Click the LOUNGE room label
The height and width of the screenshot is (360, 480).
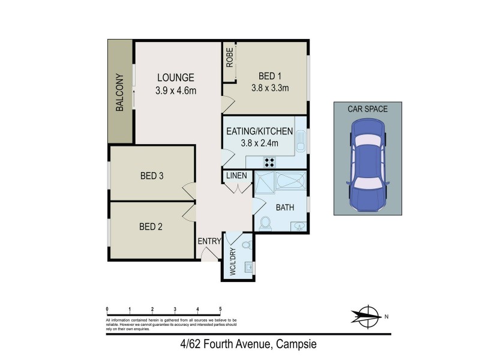click(176, 77)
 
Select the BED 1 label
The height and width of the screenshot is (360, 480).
click(270, 76)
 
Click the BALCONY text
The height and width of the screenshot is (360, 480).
click(120, 92)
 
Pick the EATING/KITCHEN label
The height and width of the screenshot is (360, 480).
click(259, 131)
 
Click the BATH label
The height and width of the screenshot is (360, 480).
click(284, 208)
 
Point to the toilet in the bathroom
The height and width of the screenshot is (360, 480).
click(266, 223)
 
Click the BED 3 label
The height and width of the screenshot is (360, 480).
click(152, 176)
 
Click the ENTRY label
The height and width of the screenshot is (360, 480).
click(209, 241)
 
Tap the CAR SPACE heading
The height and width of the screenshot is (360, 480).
click(368, 109)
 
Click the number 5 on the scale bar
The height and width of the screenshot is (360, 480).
click(221, 308)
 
